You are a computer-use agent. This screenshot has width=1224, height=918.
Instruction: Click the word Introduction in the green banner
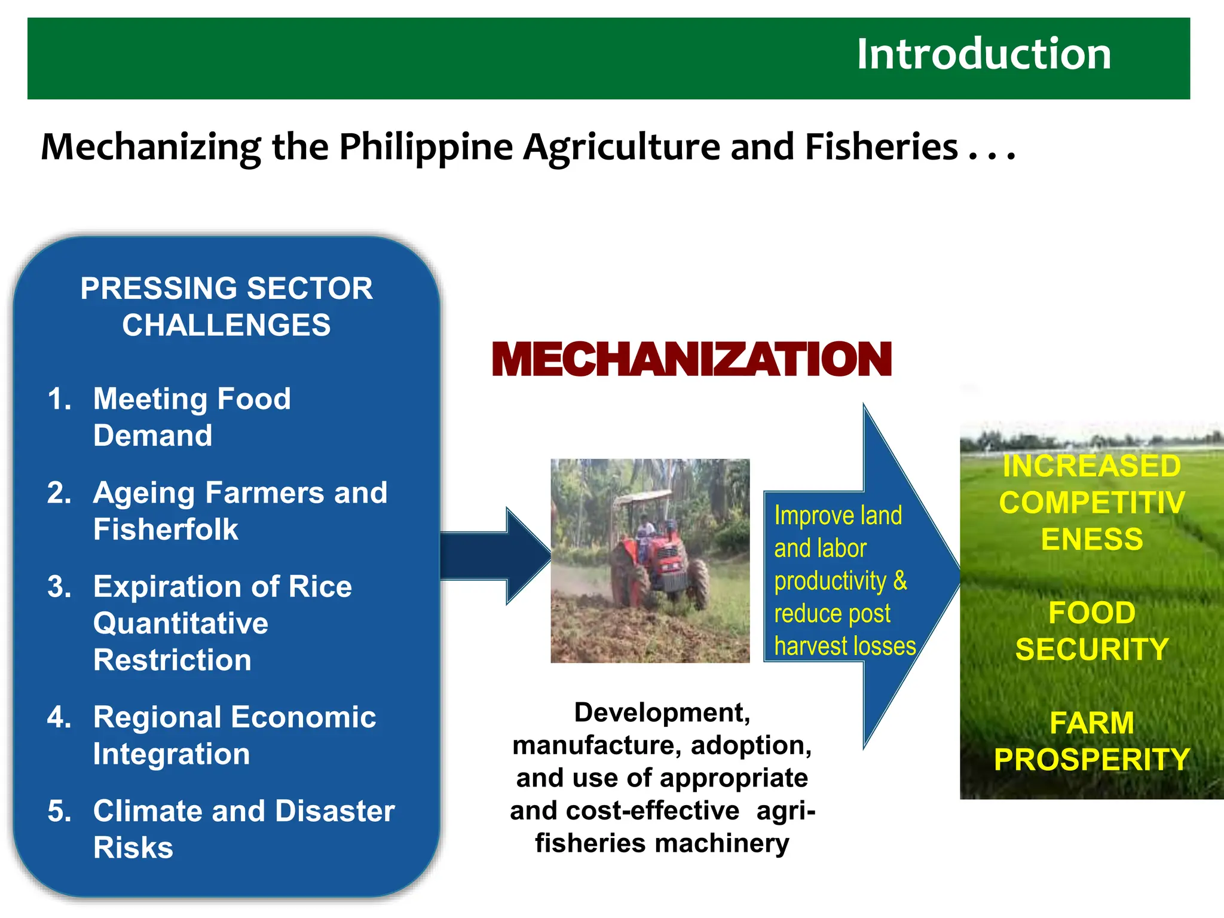point(983,54)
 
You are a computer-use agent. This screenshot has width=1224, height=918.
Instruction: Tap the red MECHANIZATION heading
point(691,360)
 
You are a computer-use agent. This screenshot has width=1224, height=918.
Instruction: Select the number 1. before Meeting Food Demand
point(59,399)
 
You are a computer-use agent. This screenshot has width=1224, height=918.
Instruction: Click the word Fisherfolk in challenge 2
point(166,530)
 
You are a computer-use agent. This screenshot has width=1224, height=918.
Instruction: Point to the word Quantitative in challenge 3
point(180,623)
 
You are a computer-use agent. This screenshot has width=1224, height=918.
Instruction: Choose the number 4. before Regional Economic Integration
point(59,717)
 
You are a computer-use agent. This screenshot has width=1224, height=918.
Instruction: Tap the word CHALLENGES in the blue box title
point(226,326)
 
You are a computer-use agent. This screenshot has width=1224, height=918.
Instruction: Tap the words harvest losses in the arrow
point(844,646)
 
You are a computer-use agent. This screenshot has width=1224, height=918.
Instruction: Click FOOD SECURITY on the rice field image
point(1091,631)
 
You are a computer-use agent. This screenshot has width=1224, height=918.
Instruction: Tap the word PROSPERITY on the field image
point(1091,760)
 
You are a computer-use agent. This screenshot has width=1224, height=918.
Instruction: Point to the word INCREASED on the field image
point(1091,466)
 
